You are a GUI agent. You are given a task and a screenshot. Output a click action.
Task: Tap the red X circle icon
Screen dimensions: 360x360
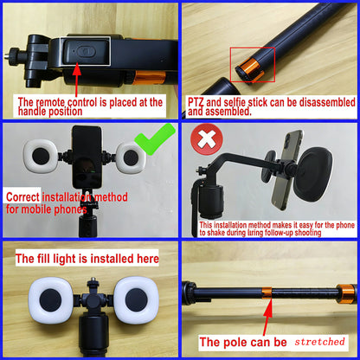click(x=204, y=140)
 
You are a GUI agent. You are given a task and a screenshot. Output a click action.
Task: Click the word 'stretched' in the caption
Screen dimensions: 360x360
click(x=319, y=342)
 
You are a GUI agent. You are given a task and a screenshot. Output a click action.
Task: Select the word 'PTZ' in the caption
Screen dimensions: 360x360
click(x=197, y=102)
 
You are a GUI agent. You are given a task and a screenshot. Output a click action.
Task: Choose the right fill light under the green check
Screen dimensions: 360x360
click(x=137, y=158)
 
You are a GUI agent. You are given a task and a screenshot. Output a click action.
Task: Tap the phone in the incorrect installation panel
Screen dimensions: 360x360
click(x=287, y=166)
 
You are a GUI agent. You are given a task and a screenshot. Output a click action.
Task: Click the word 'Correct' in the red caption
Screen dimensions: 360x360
click(x=26, y=196)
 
